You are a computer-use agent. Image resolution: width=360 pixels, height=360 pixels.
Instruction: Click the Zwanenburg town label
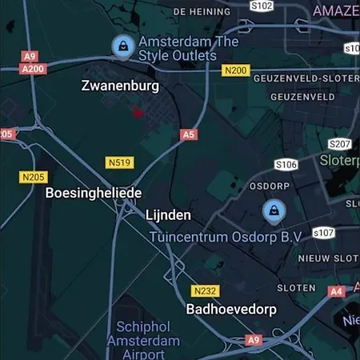120,86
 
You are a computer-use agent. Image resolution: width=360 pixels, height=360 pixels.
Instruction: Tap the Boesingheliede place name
93,193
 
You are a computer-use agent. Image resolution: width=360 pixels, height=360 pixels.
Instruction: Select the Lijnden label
168,215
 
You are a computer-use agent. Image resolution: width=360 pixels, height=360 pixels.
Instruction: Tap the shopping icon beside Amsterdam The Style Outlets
122,45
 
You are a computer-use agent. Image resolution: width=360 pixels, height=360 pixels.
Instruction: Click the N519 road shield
119,162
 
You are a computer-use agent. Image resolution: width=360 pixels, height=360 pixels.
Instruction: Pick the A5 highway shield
188,134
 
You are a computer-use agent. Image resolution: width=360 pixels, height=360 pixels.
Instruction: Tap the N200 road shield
235,70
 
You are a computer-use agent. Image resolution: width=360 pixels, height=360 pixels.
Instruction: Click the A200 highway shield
33,69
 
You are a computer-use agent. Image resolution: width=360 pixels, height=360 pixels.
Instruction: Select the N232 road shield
205,290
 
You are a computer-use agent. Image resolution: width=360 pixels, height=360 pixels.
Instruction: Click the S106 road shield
286,164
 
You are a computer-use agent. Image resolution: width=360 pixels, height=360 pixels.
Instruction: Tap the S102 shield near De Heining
262,6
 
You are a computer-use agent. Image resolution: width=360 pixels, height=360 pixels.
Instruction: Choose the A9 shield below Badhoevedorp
254,340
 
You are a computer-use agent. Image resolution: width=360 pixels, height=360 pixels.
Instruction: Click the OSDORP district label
268,184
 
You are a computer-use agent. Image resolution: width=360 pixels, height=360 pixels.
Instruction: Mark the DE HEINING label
201,11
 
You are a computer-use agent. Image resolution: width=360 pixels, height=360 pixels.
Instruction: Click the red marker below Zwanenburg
138,113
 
